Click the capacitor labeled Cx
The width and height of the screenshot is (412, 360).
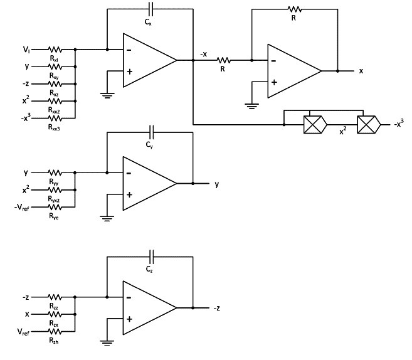click(x=150, y=9)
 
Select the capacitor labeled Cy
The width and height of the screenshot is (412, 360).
click(x=150, y=133)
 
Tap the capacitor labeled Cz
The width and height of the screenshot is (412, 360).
click(x=150, y=257)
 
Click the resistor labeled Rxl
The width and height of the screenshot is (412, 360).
click(x=55, y=48)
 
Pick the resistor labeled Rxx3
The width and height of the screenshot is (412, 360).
click(x=55, y=117)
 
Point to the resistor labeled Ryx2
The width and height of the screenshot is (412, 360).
click(x=55, y=189)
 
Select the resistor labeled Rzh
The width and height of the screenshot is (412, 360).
click(x=55, y=330)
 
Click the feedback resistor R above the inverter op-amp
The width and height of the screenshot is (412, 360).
click(x=293, y=9)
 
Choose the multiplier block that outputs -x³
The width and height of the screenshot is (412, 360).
click(x=369, y=124)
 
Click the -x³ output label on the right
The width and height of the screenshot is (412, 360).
click(x=399, y=124)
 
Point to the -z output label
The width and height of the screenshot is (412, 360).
click(x=216, y=308)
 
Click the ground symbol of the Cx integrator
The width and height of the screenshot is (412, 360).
click(x=107, y=95)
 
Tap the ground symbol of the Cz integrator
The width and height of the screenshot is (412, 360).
click(x=107, y=342)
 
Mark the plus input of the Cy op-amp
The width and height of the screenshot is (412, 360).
click(x=129, y=194)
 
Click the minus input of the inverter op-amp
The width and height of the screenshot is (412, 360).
click(x=273, y=61)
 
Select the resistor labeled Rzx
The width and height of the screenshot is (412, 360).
click(x=55, y=313)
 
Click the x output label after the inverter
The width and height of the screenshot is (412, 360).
click(x=361, y=71)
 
